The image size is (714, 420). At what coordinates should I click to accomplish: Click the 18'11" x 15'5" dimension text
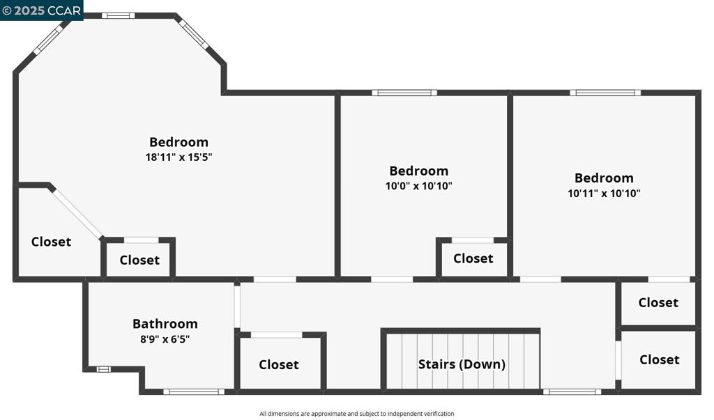pos(178,157)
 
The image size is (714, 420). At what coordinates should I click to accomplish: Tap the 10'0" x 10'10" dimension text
pos(418,186)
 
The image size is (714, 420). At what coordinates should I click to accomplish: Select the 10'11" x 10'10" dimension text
pos(604,194)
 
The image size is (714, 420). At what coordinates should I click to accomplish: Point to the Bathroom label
pos(165,324)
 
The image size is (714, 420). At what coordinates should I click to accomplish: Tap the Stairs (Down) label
pos(462,364)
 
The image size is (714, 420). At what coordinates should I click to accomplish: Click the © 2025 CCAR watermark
pos(42,10)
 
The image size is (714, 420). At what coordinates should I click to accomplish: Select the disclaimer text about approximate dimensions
pos(357,414)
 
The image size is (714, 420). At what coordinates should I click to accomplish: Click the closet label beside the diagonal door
pos(51,242)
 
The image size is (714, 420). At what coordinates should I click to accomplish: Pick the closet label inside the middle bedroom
pos(473,258)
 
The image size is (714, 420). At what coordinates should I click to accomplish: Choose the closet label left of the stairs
pos(279,364)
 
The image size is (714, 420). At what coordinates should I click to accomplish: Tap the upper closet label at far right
pos(658,302)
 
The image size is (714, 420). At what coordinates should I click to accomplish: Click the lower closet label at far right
pos(659,359)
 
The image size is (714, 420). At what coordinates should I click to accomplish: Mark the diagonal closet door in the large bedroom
pos(77,213)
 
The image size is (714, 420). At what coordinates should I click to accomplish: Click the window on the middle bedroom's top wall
pos(404,93)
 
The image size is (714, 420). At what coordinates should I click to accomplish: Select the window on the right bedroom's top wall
pos(605,93)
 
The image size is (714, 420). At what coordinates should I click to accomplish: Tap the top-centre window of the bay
pos(118,15)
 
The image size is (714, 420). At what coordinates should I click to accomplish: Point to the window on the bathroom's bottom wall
pos(195,391)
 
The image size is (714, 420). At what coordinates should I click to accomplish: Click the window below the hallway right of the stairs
pos(572,391)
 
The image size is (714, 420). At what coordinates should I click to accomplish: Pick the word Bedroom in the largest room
pos(178,142)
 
